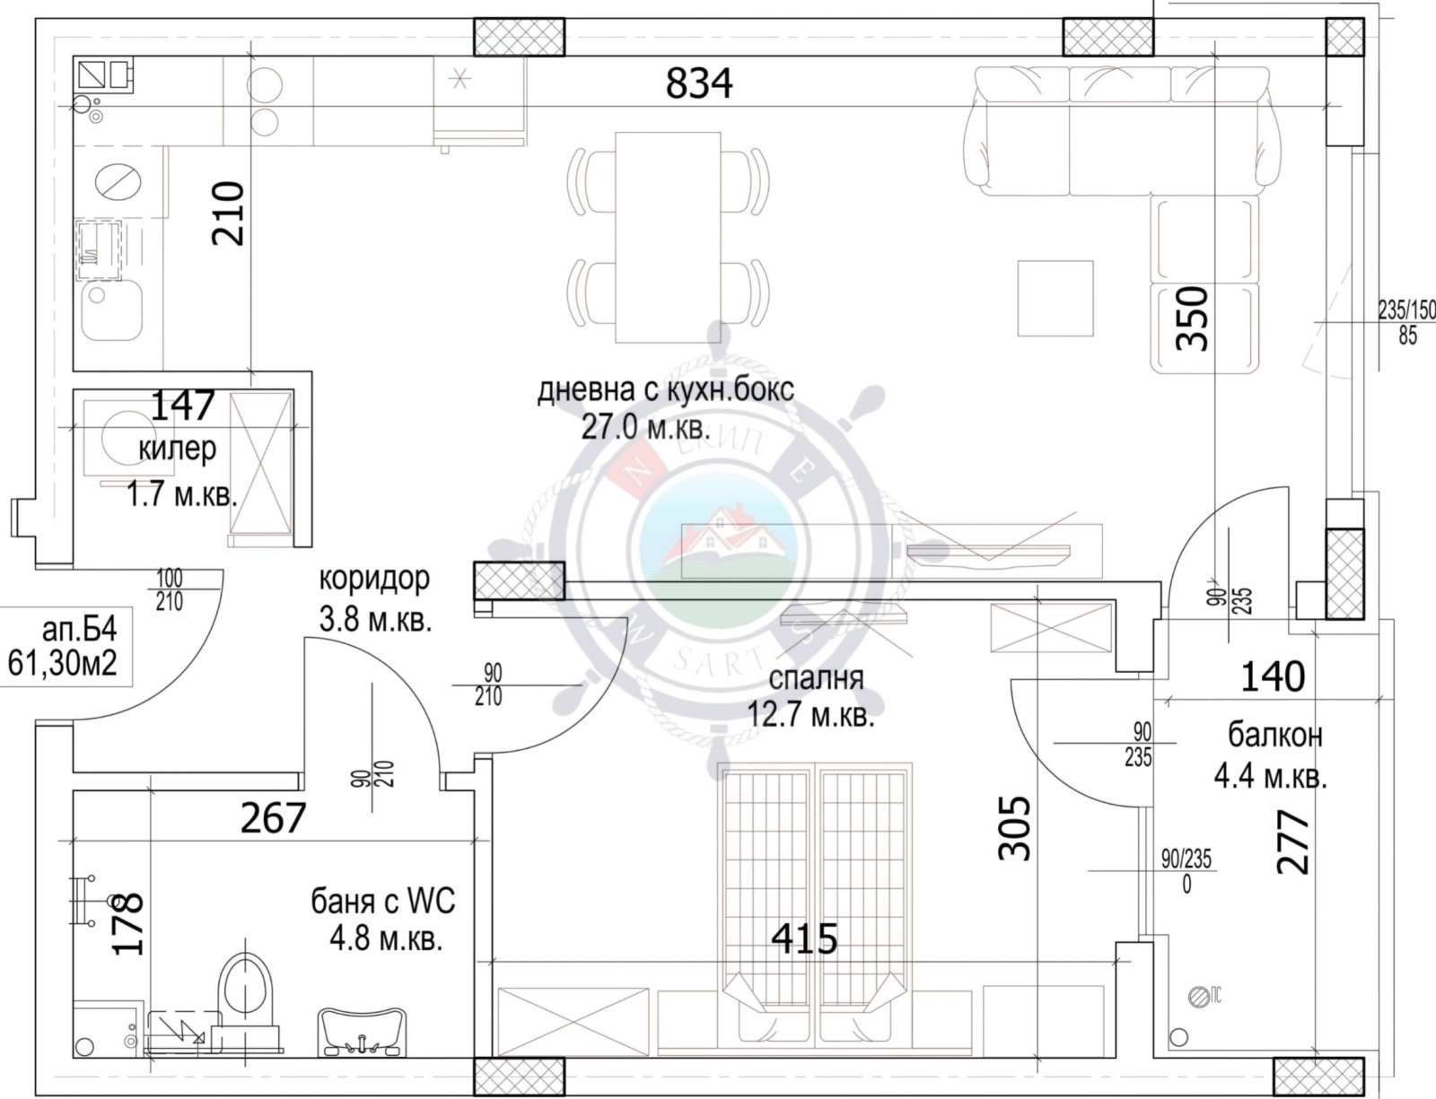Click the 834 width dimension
point(699,83)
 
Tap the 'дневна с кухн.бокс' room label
point(665,391)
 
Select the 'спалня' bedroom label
point(816,678)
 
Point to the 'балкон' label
point(1274,736)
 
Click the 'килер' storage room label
point(178,449)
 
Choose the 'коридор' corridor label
point(374,579)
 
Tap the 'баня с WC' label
point(383,900)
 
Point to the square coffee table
point(1055,298)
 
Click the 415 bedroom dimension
point(805,938)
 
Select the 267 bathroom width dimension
point(274,817)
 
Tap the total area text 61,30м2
point(63,665)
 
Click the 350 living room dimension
point(1194,318)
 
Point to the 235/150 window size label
point(1406,310)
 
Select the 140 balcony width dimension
point(1272,676)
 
